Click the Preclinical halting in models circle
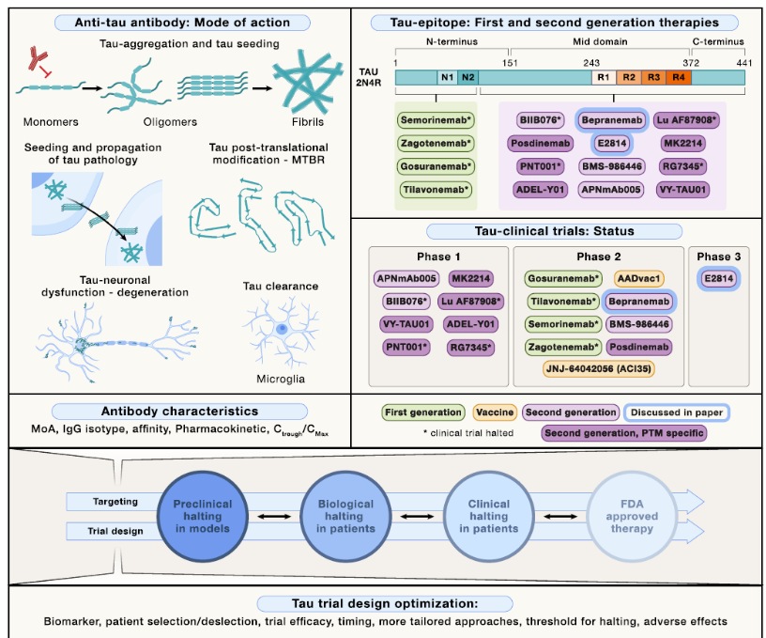coord(201,516)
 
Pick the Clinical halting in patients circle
coord(489,516)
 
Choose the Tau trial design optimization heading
coord(384,602)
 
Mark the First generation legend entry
coord(422,412)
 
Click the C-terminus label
coord(719,42)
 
